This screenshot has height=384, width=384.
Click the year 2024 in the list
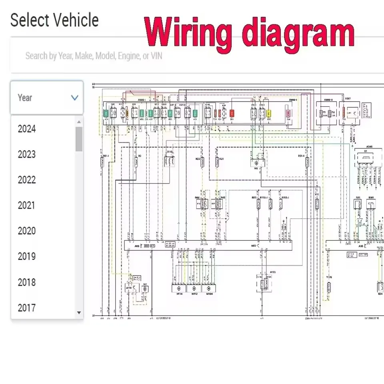[27, 129]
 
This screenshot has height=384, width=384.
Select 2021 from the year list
[27, 206]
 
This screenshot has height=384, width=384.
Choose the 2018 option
[27, 282]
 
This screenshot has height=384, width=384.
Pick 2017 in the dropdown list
[27, 308]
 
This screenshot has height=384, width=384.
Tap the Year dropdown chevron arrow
[74, 98]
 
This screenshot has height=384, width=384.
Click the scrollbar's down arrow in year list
[79, 313]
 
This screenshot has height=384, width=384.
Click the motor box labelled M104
[207, 288]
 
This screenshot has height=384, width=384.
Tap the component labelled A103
[262, 284]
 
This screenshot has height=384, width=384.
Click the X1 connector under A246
[364, 158]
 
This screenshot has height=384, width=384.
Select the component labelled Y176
[329, 287]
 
